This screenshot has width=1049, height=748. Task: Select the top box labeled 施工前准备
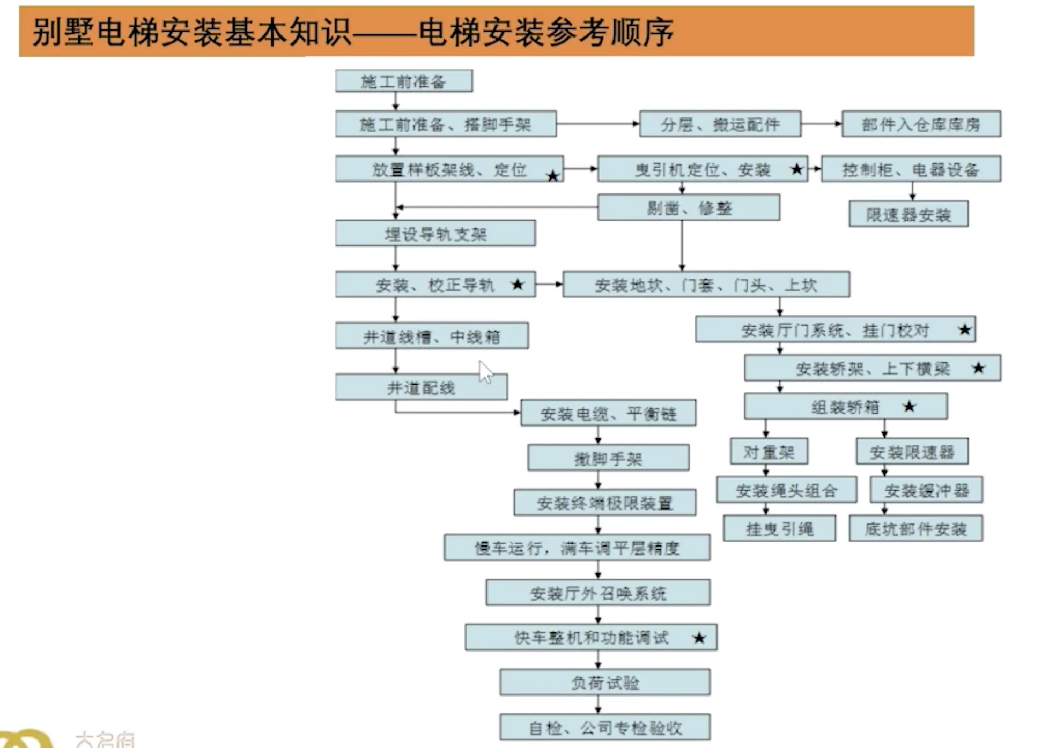[x=403, y=81]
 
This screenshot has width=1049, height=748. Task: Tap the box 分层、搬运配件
[x=720, y=124]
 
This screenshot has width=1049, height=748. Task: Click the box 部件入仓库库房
[x=920, y=124]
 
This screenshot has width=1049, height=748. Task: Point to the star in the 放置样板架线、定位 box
[x=552, y=176]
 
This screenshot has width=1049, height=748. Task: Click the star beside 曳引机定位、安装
[x=796, y=169]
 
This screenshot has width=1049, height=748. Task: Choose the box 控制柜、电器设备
[x=910, y=169]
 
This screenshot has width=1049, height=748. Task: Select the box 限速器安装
[x=908, y=214]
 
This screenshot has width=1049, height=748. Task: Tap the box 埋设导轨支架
[x=435, y=234]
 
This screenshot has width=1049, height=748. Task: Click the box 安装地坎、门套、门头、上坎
[x=705, y=285]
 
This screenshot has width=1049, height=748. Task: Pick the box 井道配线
[x=421, y=387]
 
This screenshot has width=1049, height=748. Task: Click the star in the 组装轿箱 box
[x=909, y=406]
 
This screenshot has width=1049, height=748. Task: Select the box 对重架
[x=769, y=452]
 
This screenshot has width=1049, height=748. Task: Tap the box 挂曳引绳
[x=779, y=529]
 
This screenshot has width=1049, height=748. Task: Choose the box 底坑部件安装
[x=915, y=529]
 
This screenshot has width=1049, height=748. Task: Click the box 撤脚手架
[x=608, y=458]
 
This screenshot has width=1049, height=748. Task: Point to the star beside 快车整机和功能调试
[x=699, y=638]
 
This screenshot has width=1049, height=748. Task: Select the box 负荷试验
[x=604, y=682]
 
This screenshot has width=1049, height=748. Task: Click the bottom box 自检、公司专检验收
[x=604, y=727]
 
